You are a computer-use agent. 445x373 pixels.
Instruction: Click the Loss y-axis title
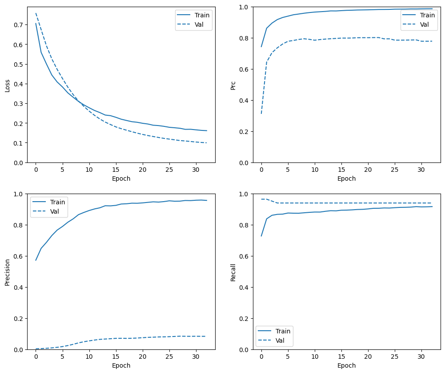click(8, 85)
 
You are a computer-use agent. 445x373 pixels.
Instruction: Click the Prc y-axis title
click(233, 85)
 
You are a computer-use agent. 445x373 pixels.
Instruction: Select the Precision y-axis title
click(8, 272)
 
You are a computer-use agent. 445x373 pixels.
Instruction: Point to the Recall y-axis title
click(233, 272)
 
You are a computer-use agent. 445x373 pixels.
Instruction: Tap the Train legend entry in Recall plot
click(283, 331)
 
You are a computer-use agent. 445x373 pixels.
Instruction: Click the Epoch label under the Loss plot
click(121, 178)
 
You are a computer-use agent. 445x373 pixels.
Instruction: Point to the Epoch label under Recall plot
click(346, 365)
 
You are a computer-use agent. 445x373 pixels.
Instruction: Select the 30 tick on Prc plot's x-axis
click(421, 170)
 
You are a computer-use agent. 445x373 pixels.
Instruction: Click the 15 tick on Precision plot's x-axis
click(116, 357)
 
